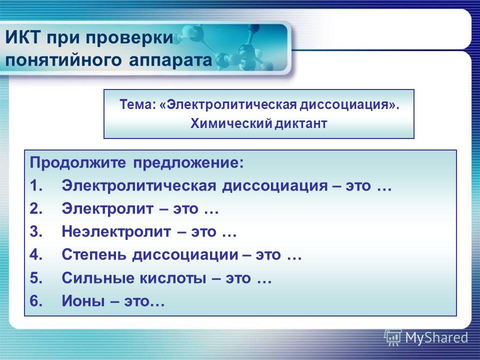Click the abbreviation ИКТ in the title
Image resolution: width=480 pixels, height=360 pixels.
[22, 37]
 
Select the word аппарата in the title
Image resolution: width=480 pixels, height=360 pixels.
[170, 60]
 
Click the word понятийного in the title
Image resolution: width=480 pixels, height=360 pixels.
[63, 60]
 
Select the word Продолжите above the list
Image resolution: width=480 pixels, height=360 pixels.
[78, 163]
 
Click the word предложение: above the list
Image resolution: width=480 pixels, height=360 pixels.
[188, 163]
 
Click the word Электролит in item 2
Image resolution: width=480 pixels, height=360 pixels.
[107, 209]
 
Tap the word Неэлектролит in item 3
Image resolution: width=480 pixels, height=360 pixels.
[116, 231]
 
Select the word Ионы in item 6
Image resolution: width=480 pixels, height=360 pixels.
[83, 301]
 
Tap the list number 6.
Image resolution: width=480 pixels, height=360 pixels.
[36, 301]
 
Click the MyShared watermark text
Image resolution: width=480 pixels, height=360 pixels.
[436, 338]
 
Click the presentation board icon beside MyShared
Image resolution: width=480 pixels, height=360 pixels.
[393, 337]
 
